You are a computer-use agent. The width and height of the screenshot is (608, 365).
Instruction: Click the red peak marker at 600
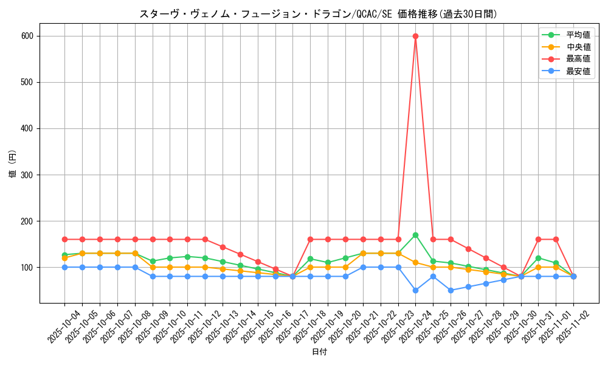click(x=415, y=36)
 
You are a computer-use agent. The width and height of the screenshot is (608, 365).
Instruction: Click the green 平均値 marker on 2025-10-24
click(x=415, y=235)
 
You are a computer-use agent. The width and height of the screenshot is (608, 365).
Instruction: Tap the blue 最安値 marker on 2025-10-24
click(x=415, y=290)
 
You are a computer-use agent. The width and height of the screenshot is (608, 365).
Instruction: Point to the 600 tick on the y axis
click(x=28, y=36)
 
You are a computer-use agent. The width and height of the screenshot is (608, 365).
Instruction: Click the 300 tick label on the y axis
click(x=28, y=175)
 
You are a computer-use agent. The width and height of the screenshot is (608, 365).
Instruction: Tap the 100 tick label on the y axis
click(x=28, y=267)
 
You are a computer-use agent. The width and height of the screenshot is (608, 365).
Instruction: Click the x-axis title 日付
click(x=319, y=352)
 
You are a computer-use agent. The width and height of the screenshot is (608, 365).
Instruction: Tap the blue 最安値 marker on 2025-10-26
click(x=451, y=290)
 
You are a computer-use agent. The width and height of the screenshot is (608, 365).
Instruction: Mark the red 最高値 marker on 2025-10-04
click(x=64, y=239)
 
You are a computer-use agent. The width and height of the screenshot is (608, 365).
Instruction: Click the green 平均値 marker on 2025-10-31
click(x=538, y=258)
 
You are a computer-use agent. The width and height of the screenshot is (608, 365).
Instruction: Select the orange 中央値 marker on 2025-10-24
click(x=415, y=262)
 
